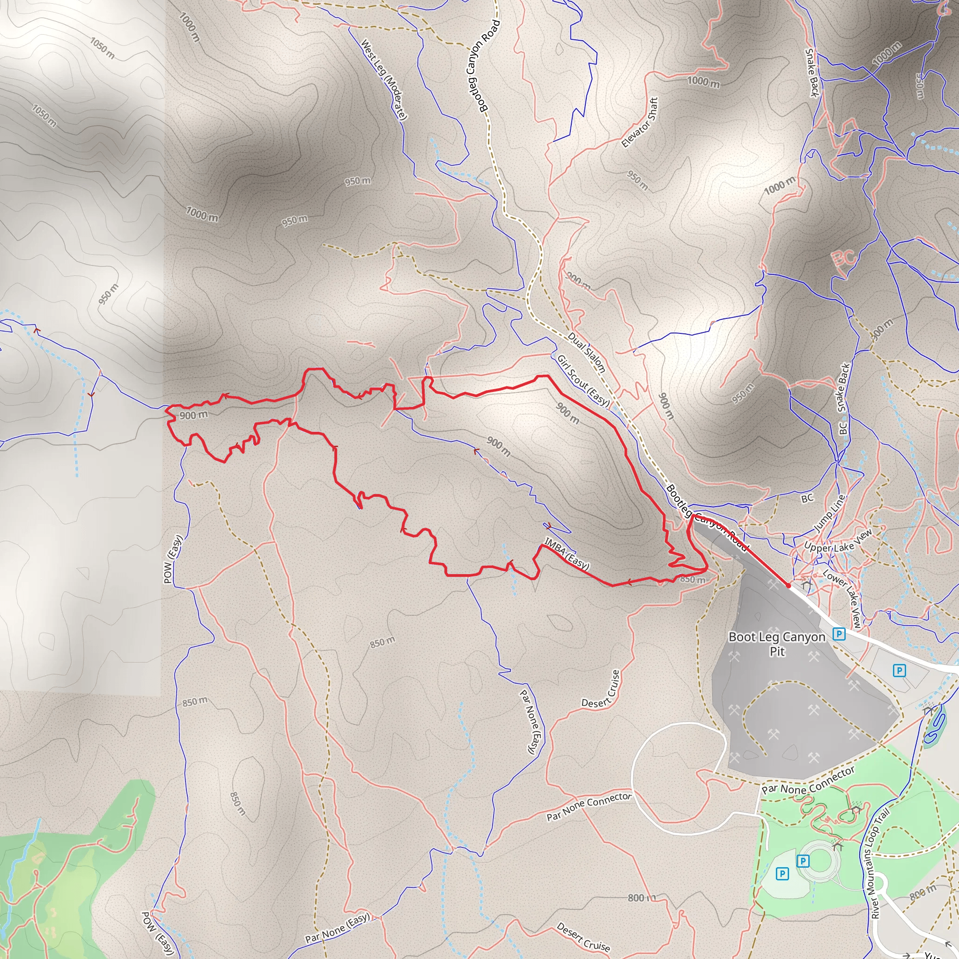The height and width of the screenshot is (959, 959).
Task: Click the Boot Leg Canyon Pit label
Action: (x=777, y=643)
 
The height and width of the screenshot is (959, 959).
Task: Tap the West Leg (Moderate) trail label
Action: (x=384, y=80)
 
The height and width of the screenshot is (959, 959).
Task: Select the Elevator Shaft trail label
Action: (x=640, y=122)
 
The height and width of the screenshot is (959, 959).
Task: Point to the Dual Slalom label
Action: (x=587, y=353)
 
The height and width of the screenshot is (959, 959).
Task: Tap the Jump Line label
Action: (x=829, y=513)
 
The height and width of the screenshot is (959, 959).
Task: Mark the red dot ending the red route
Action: (x=788, y=586)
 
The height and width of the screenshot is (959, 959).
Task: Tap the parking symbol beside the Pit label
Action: (x=839, y=634)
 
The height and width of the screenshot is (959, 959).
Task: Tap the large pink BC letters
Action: (x=844, y=259)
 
